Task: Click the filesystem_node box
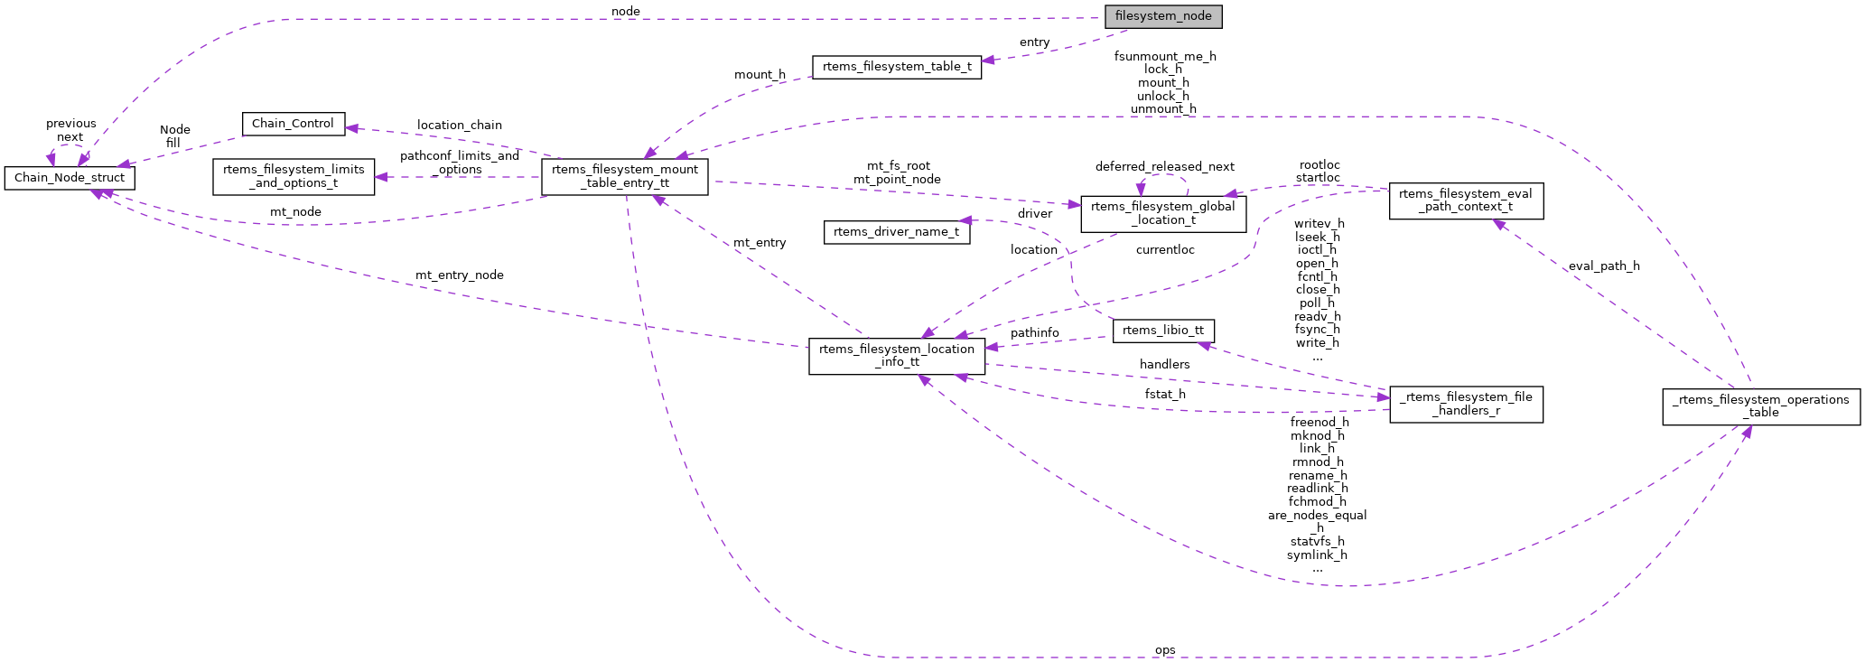pos(1163,16)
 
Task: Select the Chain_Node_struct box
pos(70,178)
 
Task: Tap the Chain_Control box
pos(293,124)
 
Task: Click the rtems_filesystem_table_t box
pos(897,67)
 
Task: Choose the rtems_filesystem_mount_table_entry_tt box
pos(625,176)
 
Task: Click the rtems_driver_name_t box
pos(897,232)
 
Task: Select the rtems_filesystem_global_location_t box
pos(1163,213)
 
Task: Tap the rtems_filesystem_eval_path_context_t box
pos(1465,200)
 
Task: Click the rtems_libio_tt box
pos(1163,331)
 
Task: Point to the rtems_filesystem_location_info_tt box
pos(897,356)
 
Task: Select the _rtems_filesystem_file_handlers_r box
pos(1465,404)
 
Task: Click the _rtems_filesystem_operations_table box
pos(1760,406)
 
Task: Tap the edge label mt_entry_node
pos(459,275)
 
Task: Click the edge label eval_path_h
pos(1604,266)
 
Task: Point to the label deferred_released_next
pos(1164,167)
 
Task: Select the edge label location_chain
pos(459,126)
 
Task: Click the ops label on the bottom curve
pos(1165,650)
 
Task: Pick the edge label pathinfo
pos(1035,333)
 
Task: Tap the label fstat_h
pos(1165,395)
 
